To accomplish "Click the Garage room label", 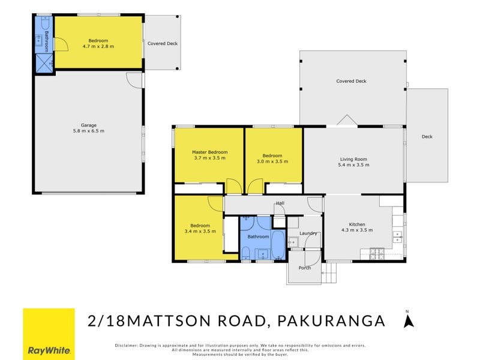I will (88, 125).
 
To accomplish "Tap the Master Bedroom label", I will (209, 152).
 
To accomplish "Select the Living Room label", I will (353, 159).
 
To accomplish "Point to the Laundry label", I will (308, 233).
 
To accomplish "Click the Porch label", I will (305, 268).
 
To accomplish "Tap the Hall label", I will (280, 203).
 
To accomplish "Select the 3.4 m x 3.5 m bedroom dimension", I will (199, 232).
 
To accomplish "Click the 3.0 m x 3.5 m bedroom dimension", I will (272, 161).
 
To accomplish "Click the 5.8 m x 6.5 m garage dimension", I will (88, 131).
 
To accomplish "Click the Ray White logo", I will (49, 334).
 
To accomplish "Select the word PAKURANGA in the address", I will (332, 321).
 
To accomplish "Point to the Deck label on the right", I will (427, 137).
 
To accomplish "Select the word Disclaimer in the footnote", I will (126, 345).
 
